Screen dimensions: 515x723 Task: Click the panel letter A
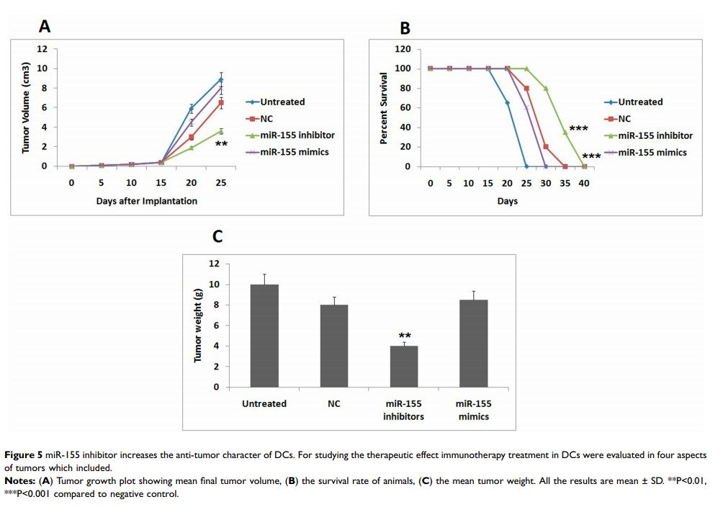(x=45, y=27)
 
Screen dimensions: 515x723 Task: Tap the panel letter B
(x=405, y=28)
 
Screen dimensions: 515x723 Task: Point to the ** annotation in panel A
(x=221, y=145)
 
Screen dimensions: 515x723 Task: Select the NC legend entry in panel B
(x=624, y=119)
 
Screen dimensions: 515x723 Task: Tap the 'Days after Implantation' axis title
(x=146, y=201)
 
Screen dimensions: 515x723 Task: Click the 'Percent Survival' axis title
(x=385, y=108)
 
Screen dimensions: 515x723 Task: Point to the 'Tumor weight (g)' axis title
(x=198, y=326)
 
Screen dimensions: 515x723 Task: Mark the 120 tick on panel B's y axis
(x=403, y=50)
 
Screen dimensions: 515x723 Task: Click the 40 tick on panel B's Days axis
(x=584, y=183)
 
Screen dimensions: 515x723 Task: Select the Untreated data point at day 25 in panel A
(x=221, y=79)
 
